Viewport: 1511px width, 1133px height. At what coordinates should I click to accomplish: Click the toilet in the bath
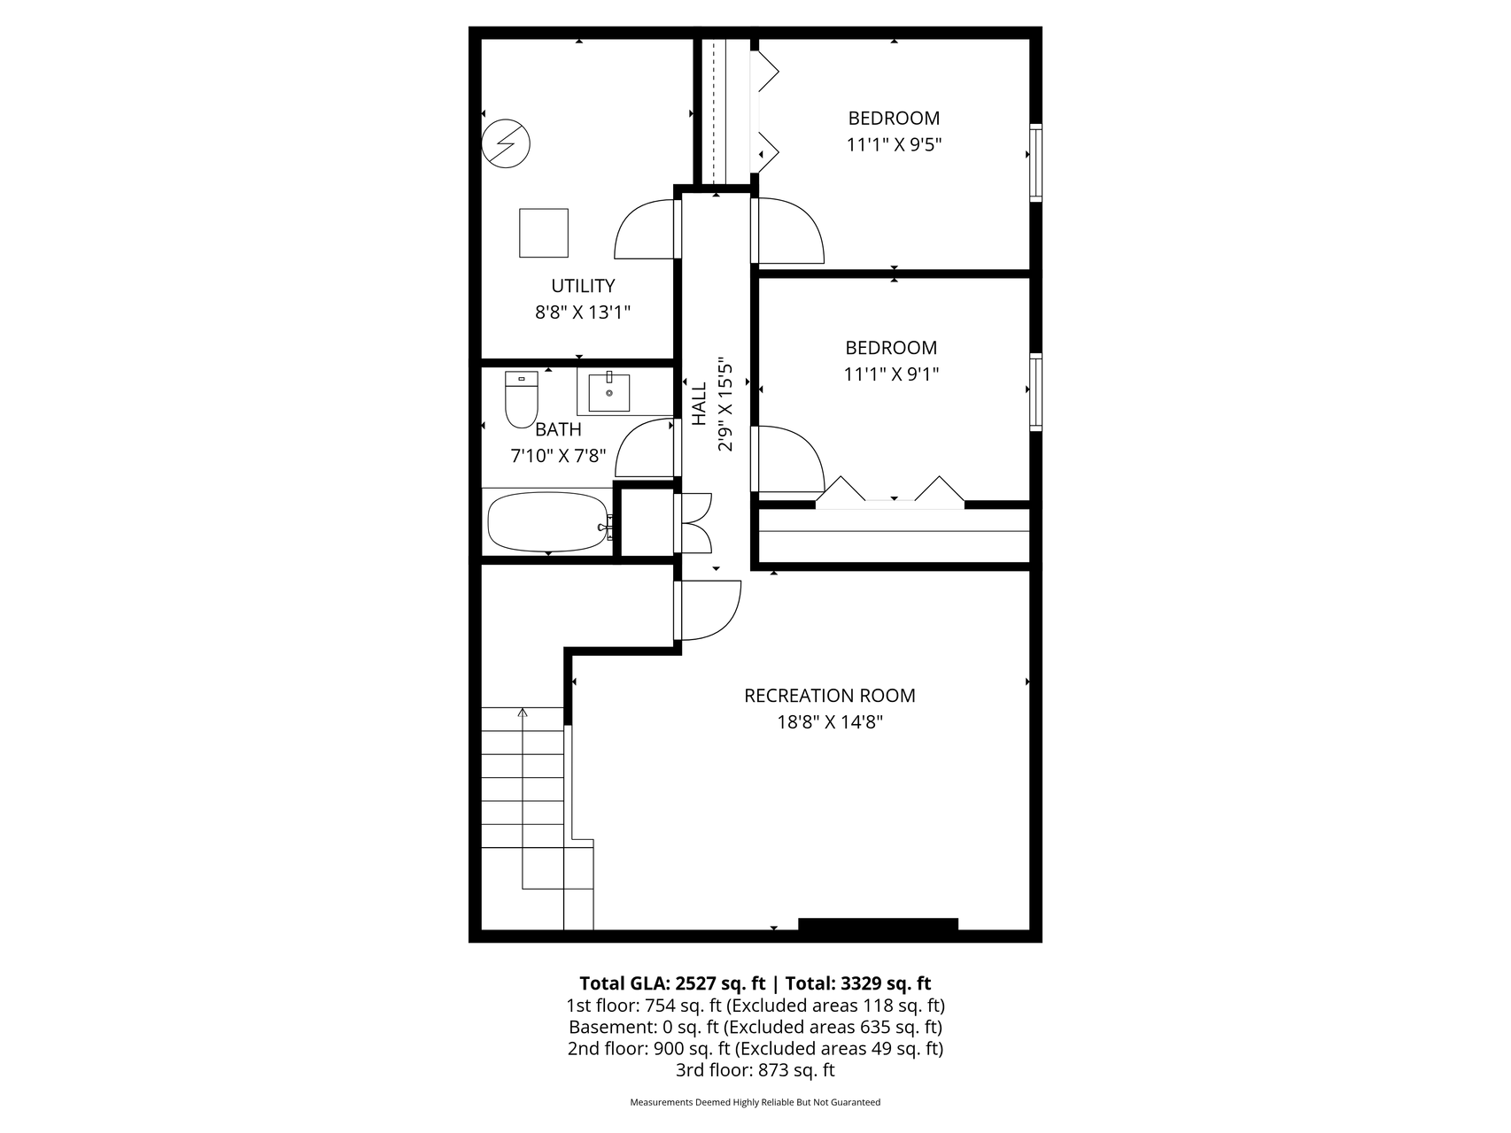[521, 400]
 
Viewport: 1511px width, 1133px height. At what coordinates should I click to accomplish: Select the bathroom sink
[609, 393]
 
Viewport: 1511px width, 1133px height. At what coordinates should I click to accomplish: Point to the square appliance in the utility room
[543, 233]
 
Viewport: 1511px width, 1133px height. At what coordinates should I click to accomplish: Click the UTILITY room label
[583, 286]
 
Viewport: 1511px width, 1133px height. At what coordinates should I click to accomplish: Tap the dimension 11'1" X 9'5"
[894, 144]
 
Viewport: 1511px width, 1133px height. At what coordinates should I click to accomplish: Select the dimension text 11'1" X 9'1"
[891, 374]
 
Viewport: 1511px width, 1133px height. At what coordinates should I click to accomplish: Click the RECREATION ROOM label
[829, 696]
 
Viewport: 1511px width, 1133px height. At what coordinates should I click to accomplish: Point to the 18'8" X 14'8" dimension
[830, 722]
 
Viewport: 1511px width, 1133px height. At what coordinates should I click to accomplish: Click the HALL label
[699, 404]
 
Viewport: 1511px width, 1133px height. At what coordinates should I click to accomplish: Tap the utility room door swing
[647, 230]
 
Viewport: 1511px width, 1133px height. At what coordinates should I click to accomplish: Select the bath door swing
[646, 449]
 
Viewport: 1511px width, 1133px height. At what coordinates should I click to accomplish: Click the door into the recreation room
[709, 610]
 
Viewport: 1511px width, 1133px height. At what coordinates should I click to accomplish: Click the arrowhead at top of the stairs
[523, 712]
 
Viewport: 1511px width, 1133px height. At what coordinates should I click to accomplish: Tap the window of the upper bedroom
[1035, 163]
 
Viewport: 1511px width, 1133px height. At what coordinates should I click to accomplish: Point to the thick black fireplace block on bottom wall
[878, 925]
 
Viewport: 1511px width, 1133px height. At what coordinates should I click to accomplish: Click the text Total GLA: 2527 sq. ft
[671, 983]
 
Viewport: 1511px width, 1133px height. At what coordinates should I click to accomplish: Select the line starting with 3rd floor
[755, 1070]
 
